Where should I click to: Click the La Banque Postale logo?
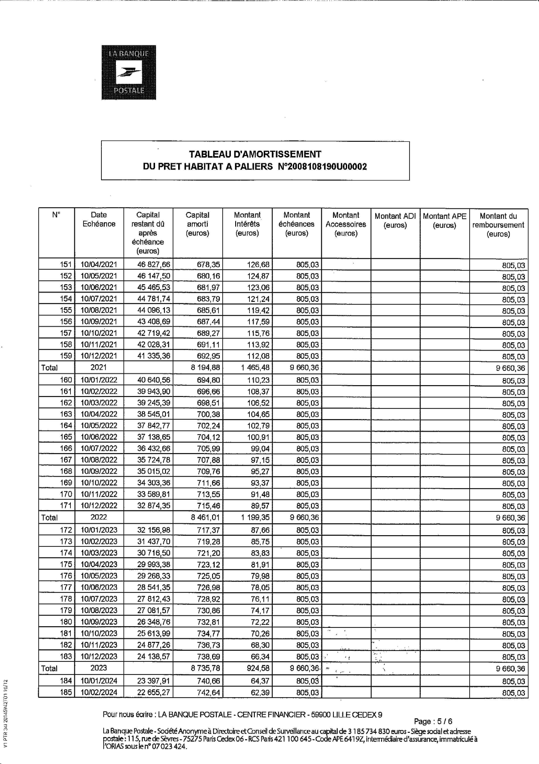pyautogui.click(x=129, y=73)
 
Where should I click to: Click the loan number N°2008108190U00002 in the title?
pyautogui.click(x=322, y=167)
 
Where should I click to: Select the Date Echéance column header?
pyautogui.click(x=99, y=219)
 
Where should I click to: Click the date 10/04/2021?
pyautogui.click(x=99, y=265)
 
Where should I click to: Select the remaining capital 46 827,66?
pyautogui.click(x=153, y=265)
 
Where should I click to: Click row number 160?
pyautogui.click(x=66, y=380)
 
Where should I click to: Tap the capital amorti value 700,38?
pyautogui.click(x=208, y=414)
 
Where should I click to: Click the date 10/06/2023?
pyautogui.click(x=99, y=587)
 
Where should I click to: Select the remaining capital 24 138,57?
pyautogui.click(x=153, y=656)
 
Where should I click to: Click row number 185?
pyautogui.click(x=66, y=693)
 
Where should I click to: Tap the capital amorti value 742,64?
pyautogui.click(x=208, y=693)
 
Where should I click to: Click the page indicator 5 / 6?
pyautogui.click(x=444, y=721)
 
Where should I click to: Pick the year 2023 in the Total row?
pyautogui.click(x=99, y=668)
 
